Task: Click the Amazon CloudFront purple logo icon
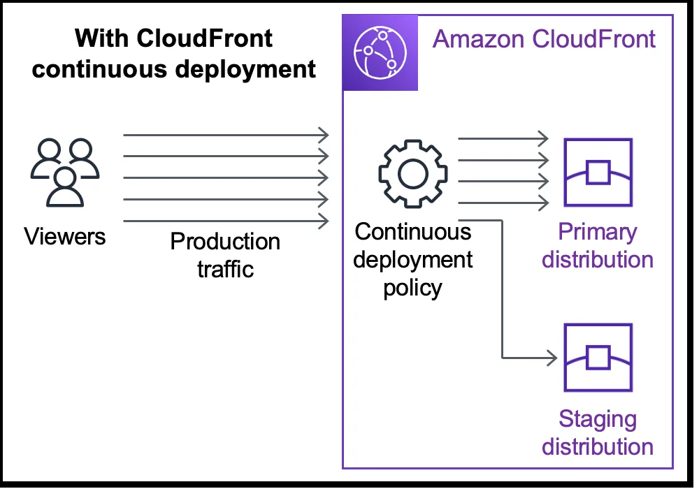[x=380, y=53]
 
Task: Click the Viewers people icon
[x=64, y=172]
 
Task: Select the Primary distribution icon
[x=598, y=173]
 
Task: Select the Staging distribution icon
[x=598, y=357]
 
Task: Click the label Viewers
[x=65, y=236]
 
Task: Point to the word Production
[x=225, y=242]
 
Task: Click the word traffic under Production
[x=225, y=269]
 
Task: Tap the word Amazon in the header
[x=479, y=38]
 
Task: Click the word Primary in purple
[x=598, y=232]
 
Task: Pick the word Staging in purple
[x=598, y=419]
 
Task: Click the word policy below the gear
[x=412, y=287]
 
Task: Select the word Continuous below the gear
[x=412, y=232]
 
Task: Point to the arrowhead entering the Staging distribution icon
[x=552, y=358]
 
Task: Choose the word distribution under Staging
[x=598, y=446]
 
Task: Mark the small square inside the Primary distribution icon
[x=598, y=172]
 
